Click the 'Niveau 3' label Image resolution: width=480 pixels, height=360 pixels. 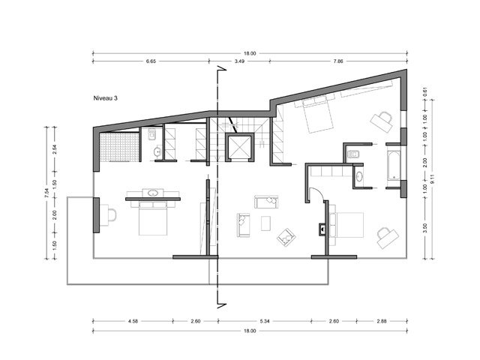(x=105, y=98)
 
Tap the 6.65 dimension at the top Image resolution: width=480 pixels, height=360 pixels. (x=151, y=61)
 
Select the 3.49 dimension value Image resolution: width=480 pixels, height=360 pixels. (x=239, y=61)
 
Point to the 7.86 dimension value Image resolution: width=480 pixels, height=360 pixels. (x=338, y=61)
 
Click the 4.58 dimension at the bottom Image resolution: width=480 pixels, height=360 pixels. (x=133, y=321)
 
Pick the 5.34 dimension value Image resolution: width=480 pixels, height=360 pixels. (x=265, y=321)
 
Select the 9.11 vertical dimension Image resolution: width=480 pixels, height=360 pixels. (x=432, y=179)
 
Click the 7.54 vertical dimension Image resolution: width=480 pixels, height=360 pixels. (x=46, y=193)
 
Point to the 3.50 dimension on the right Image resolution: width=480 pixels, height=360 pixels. (x=425, y=228)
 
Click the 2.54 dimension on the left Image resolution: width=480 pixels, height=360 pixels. (x=55, y=149)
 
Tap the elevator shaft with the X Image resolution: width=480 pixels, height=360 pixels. (x=239, y=147)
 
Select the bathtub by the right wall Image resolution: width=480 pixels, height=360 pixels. (x=394, y=165)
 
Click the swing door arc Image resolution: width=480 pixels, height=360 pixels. (x=318, y=192)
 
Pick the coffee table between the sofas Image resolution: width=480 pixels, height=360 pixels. (x=265, y=223)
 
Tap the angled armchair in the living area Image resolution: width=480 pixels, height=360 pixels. (x=286, y=238)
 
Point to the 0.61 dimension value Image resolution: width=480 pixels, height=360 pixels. (x=425, y=91)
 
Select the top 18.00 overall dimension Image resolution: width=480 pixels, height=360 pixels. (x=250, y=53)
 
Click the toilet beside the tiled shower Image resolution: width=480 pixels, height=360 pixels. (x=152, y=134)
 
